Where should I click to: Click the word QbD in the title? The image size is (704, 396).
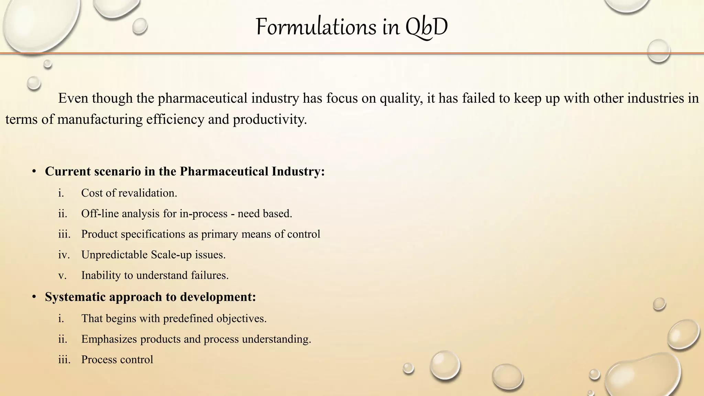tap(426, 27)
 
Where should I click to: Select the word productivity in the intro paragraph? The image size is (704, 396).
tap(269, 120)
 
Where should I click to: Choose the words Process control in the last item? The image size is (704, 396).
tap(117, 360)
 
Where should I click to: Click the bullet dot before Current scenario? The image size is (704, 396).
tap(34, 172)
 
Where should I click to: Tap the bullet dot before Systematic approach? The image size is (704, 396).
tap(34, 297)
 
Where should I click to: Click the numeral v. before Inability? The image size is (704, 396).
tap(62, 275)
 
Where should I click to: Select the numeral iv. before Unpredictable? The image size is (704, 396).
tap(64, 255)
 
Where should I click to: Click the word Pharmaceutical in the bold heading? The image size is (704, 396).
tap(224, 172)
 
